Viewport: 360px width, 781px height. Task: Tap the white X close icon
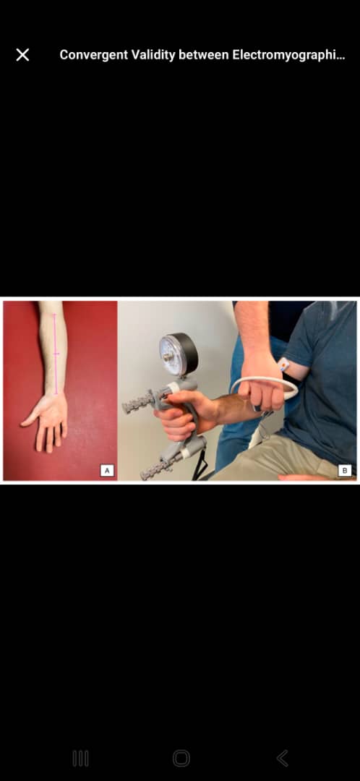[22, 55]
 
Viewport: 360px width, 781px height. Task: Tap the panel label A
[107, 470]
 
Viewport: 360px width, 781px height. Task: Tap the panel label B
[345, 470]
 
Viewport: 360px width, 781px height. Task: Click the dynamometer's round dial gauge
[179, 354]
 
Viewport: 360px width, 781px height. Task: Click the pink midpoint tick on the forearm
[56, 354]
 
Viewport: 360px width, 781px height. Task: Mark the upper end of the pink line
[55, 315]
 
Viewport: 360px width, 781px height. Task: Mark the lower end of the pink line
[56, 394]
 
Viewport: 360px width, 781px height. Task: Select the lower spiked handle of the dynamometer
[159, 464]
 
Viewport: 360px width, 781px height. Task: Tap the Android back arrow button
[283, 758]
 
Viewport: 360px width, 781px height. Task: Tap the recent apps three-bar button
[81, 758]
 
